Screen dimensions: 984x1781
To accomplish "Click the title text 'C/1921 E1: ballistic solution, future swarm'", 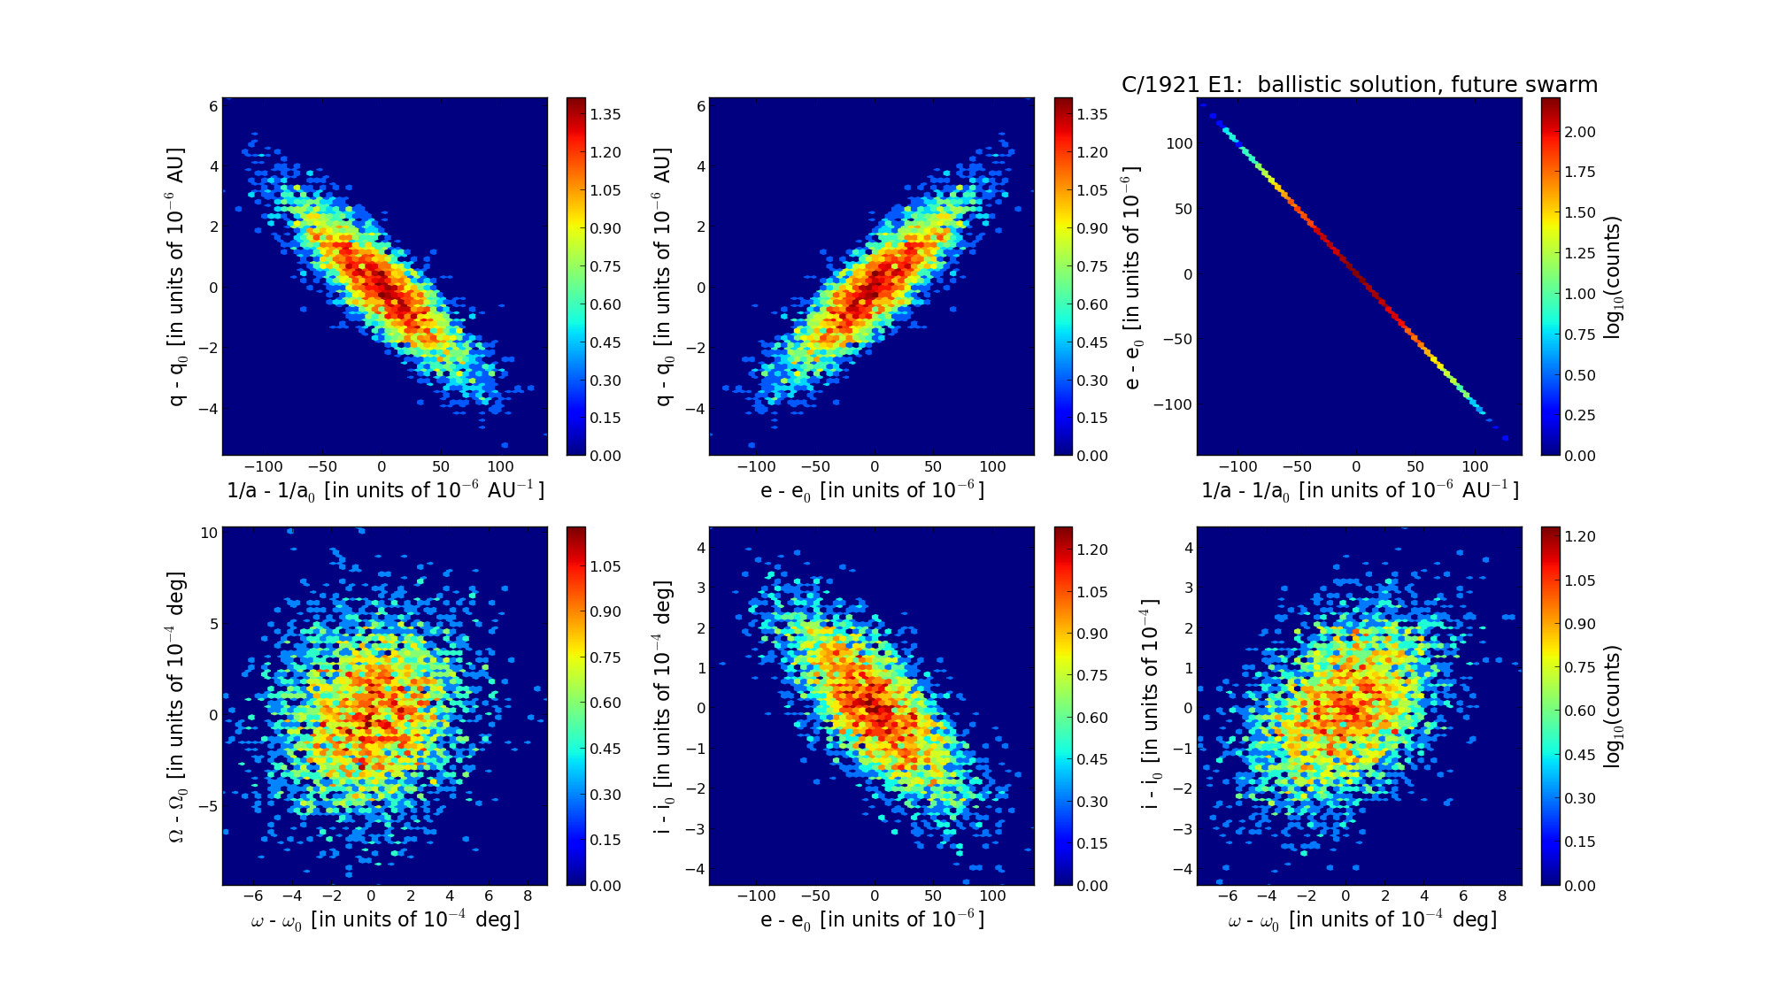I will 1359,85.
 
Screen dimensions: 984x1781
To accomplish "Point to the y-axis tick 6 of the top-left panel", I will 212,106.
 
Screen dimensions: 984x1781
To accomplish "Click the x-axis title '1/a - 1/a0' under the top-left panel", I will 385,490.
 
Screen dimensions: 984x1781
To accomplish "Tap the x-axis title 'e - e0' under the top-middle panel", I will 872,490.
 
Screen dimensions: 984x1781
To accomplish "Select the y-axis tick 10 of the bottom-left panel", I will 209,533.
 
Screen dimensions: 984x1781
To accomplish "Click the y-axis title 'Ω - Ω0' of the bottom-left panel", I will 177,706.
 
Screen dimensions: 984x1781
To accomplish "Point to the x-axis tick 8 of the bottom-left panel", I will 528,896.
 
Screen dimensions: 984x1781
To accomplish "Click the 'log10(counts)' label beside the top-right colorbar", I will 1612,278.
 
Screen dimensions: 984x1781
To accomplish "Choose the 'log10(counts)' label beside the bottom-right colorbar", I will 1612,706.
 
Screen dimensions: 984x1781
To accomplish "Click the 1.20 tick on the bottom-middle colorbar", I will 1091,550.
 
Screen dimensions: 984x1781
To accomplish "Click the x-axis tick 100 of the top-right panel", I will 1475,466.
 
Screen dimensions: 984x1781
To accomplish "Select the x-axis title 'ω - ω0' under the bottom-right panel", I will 1361,920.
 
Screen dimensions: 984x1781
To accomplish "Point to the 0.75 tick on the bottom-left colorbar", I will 605,657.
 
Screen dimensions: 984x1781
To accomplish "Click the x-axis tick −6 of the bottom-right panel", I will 1228,896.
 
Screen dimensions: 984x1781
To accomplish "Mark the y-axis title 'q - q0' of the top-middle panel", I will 664,278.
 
